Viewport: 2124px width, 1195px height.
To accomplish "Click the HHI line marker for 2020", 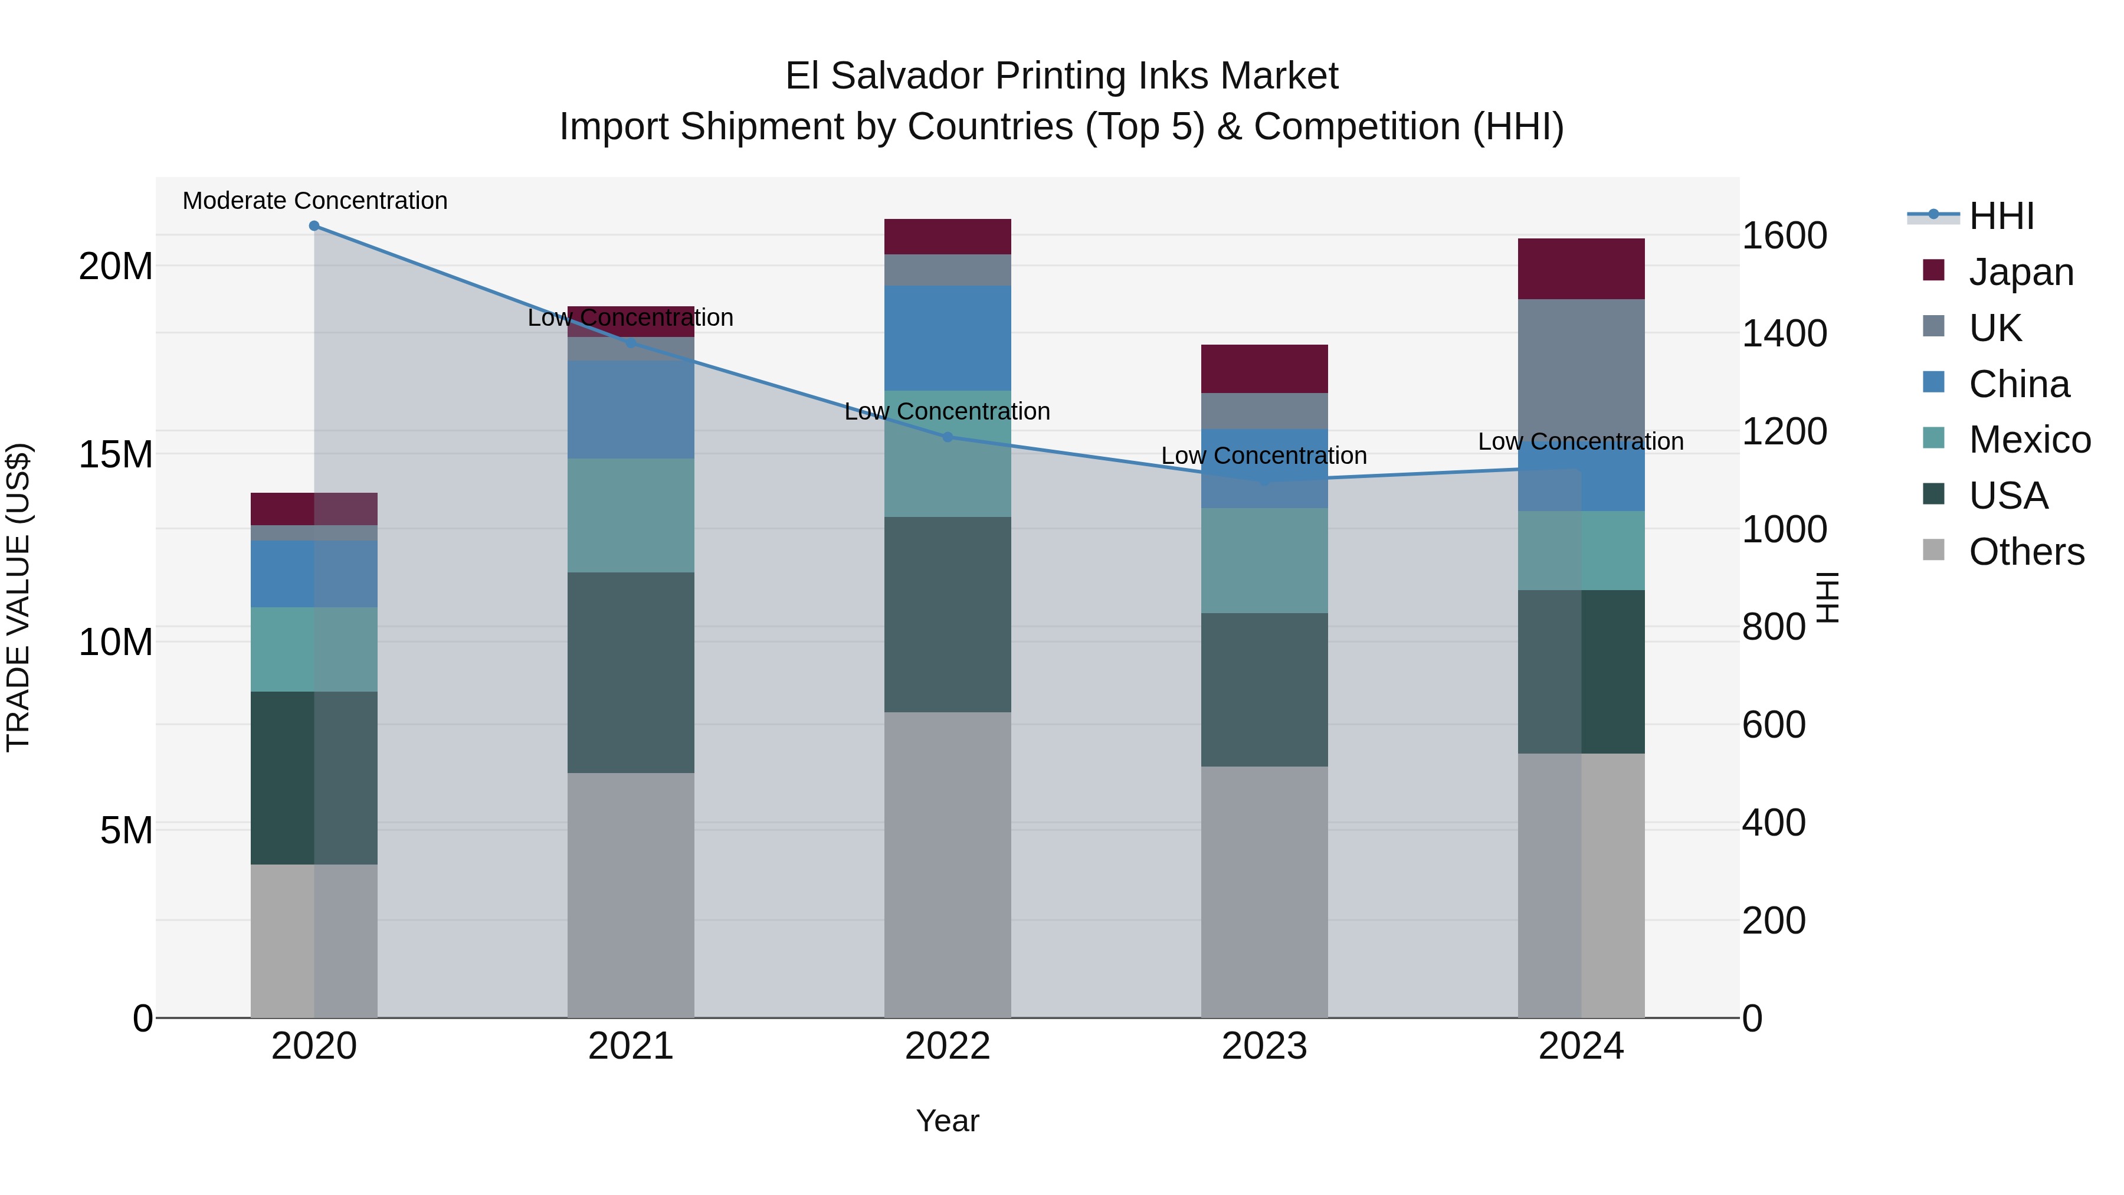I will pos(314,226).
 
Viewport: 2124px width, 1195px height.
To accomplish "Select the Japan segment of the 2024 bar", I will pos(1581,269).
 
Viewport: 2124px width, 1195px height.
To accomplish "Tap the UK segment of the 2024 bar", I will pos(1581,363).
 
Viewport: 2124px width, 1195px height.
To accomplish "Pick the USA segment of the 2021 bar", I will pos(631,672).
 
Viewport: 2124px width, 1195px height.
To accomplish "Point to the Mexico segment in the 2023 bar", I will pos(1264,560).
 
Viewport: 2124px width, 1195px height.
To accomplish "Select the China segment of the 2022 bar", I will pos(948,338).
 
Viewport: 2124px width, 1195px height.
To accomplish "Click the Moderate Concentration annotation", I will pos(315,201).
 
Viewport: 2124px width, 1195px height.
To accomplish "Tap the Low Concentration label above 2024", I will pos(1581,441).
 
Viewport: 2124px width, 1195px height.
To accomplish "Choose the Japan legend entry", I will pos(2020,271).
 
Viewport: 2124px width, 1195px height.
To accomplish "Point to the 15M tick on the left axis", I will pos(116,454).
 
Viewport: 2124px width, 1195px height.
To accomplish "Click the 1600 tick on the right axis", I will pos(1784,236).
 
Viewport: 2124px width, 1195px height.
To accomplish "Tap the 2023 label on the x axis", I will pos(1264,1046).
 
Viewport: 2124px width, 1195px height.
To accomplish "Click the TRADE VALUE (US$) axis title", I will pos(18,597).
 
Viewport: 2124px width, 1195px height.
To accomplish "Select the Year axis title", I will pos(948,1121).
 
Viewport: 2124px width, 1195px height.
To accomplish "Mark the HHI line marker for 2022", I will pos(948,437).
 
